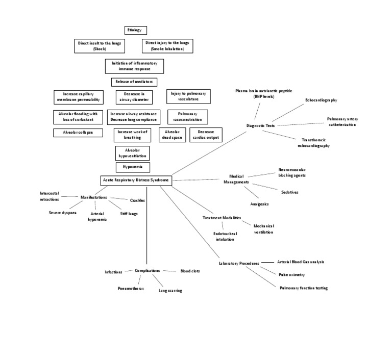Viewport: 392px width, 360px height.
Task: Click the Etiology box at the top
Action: tap(136, 30)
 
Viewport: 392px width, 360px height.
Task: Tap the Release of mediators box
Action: tap(134, 82)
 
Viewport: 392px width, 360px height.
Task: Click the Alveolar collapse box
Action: tap(77, 133)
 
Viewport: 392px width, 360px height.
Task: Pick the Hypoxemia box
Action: tap(133, 167)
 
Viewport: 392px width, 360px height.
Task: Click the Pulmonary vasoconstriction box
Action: tap(185, 117)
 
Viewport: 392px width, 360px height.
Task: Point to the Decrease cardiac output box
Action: tap(206, 135)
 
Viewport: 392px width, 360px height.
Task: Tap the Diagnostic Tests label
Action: tap(261, 125)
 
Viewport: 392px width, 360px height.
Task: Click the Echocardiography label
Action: tap(321, 100)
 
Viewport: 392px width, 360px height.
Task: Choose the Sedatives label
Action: tap(289, 192)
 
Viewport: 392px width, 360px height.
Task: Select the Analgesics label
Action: tap(259, 204)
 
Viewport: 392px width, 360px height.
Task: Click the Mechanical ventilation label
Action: tap(264, 229)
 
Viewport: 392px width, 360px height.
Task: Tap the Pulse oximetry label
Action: tap(291, 274)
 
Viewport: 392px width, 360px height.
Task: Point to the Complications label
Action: tap(148, 271)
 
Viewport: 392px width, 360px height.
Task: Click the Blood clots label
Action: tap(190, 271)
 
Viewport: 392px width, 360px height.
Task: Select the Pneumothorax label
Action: tap(131, 289)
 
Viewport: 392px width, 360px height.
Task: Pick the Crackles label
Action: tap(137, 200)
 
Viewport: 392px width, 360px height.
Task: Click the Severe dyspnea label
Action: tap(63, 213)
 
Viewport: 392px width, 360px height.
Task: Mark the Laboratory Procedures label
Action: tap(239, 263)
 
